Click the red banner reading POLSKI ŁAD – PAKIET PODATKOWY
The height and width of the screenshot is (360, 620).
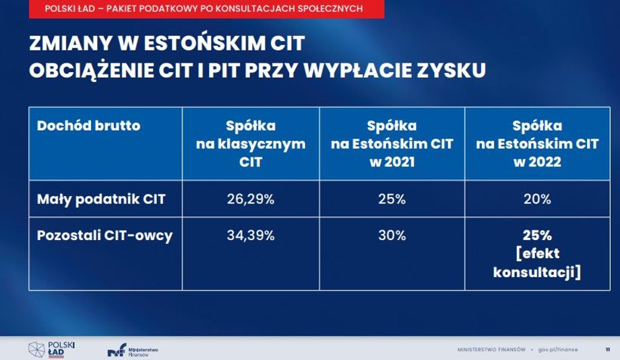pos(206,9)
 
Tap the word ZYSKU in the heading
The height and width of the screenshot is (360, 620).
pos(451,70)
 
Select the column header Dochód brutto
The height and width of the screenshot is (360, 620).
pos(88,126)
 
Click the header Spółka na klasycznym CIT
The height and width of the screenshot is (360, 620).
pos(251,144)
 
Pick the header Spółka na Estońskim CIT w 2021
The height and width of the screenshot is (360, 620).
pos(392,144)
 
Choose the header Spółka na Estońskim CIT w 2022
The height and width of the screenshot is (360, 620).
pos(537,144)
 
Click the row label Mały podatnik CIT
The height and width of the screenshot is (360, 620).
pos(101,199)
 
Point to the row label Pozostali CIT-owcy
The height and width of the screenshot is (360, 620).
pos(104,235)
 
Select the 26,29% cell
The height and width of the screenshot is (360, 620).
pos(251,199)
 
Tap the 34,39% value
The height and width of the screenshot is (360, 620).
pos(251,235)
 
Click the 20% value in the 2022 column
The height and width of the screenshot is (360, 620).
pos(537,199)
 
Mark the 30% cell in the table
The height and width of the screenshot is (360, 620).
pos(392,235)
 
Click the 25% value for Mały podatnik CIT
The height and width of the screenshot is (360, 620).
pos(392,199)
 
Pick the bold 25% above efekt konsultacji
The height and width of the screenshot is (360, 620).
pos(537,235)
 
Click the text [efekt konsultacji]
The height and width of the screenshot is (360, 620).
pos(537,263)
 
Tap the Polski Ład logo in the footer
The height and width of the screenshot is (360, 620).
pos(52,349)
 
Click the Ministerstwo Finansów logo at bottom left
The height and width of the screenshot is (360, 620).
pos(133,350)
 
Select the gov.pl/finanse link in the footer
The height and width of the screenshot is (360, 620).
pos(558,350)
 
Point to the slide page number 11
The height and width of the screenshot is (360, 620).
pos(608,350)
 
